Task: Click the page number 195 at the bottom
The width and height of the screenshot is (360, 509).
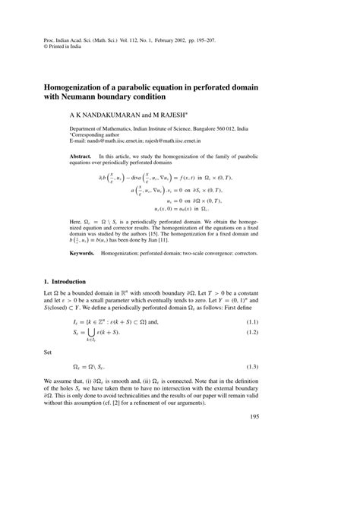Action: click(x=324, y=460)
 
